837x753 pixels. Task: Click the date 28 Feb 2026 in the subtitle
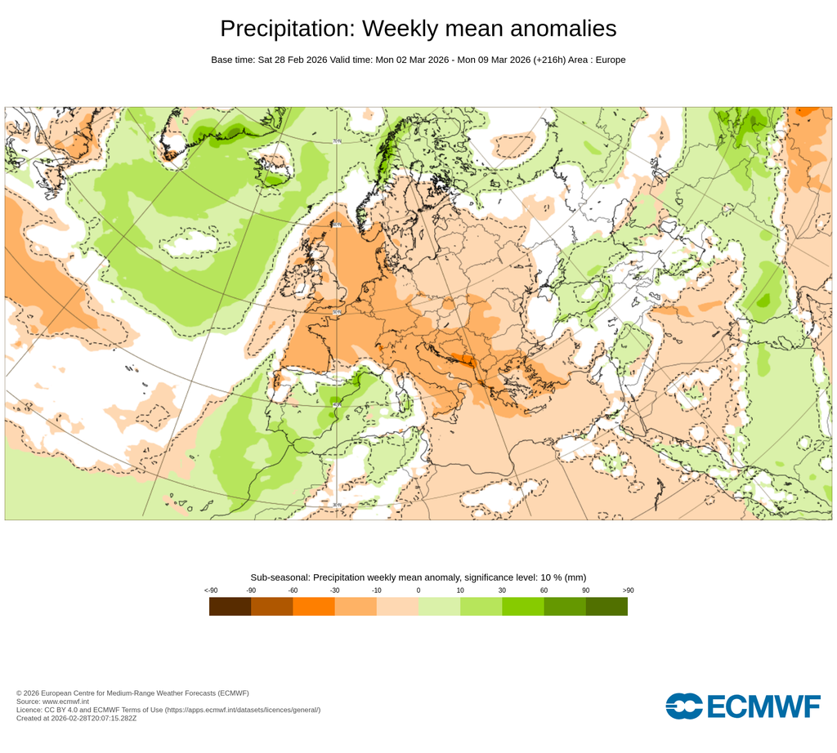(x=292, y=60)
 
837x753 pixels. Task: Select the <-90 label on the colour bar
(x=211, y=590)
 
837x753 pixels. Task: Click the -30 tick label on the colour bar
(x=334, y=590)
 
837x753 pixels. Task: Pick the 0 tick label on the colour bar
(x=418, y=590)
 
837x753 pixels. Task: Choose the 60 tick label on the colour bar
(x=544, y=590)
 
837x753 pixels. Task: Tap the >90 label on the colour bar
(x=627, y=590)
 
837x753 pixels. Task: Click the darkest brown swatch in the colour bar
(x=230, y=606)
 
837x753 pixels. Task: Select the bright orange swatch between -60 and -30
(x=314, y=606)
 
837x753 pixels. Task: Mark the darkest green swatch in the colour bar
(x=606, y=606)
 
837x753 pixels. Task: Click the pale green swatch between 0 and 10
(x=439, y=606)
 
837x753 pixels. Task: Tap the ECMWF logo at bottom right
(x=742, y=706)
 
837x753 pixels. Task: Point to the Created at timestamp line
(x=76, y=719)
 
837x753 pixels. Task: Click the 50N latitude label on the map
(x=337, y=311)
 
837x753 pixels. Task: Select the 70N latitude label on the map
(x=337, y=141)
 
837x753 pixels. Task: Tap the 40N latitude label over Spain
(x=336, y=404)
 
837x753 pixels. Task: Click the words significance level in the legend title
(x=488, y=577)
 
